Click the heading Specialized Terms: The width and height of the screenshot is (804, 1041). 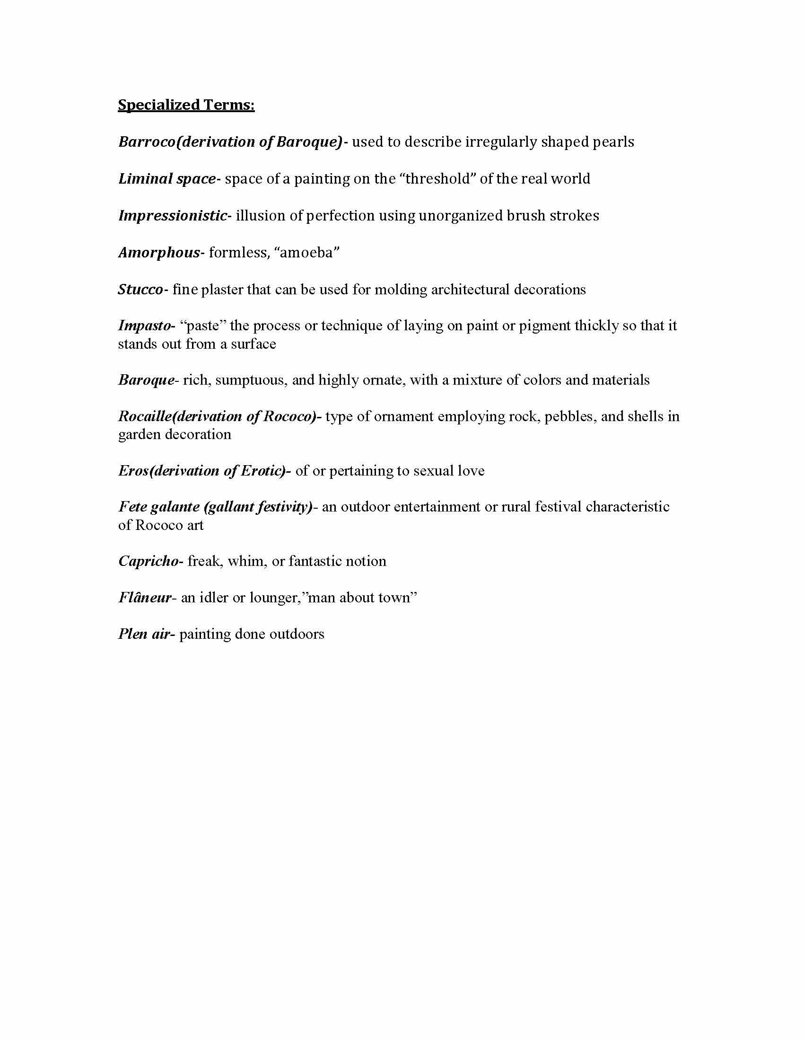(x=186, y=105)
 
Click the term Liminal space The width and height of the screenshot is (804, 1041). (x=166, y=179)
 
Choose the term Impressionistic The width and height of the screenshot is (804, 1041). (x=173, y=215)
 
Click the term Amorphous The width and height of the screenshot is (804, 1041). (x=158, y=252)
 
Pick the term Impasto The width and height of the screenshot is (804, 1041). (x=144, y=326)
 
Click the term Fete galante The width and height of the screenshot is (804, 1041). (x=158, y=507)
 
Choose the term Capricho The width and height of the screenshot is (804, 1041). (x=148, y=561)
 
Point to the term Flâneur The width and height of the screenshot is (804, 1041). (x=144, y=597)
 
